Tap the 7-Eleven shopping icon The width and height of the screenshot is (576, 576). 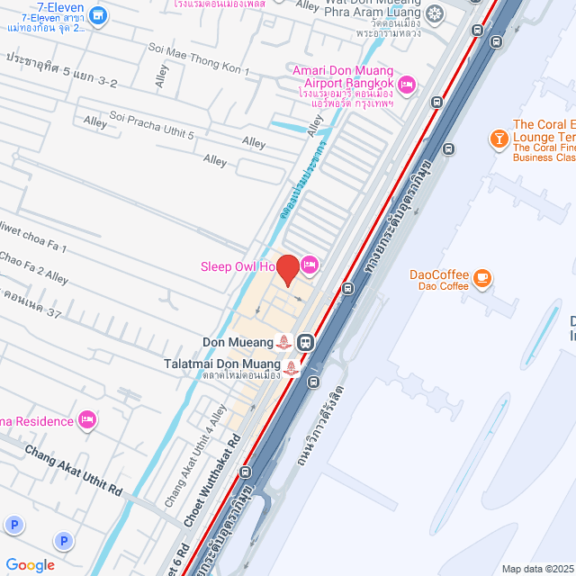click(x=99, y=15)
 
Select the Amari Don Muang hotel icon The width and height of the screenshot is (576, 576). click(x=406, y=84)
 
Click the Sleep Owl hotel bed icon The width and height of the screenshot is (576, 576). click(x=309, y=265)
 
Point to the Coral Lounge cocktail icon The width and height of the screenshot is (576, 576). click(x=496, y=138)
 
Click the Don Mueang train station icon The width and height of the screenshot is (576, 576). click(x=306, y=342)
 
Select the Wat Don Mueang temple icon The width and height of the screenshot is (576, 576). click(x=435, y=13)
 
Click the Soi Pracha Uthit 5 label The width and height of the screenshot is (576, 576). click(x=151, y=124)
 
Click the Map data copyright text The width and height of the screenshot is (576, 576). click(x=536, y=569)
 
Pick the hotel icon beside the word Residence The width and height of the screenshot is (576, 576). click(x=87, y=419)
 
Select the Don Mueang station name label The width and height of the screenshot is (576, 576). click(x=238, y=342)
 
